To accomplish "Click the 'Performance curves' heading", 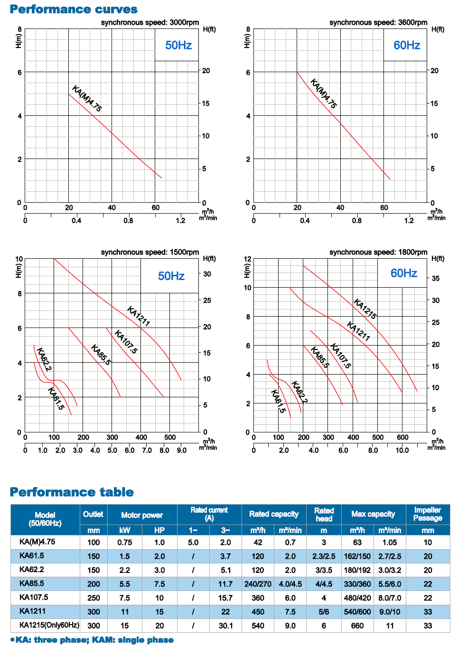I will click(x=74, y=9).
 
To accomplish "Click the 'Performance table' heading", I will click(x=72, y=492).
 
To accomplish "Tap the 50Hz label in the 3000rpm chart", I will click(x=178, y=45).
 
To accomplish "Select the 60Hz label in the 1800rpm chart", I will click(x=404, y=273).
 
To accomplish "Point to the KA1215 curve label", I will click(x=365, y=309).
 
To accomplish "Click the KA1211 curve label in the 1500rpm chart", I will click(x=138, y=317).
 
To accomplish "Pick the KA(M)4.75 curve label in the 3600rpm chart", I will click(x=323, y=94).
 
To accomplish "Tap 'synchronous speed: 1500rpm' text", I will click(x=150, y=252).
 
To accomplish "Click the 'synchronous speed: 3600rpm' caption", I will click(x=378, y=22).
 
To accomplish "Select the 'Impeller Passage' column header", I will click(x=428, y=514).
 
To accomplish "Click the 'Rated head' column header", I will click(x=324, y=515).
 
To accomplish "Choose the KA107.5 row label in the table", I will click(x=34, y=597).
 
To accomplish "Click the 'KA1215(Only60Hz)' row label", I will click(x=49, y=625).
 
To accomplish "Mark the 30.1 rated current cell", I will click(x=225, y=626).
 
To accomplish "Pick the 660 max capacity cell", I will click(x=357, y=626).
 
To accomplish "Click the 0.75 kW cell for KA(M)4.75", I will click(x=124, y=542).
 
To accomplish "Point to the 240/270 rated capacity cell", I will click(x=258, y=584).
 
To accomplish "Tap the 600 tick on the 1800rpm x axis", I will click(x=402, y=437).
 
